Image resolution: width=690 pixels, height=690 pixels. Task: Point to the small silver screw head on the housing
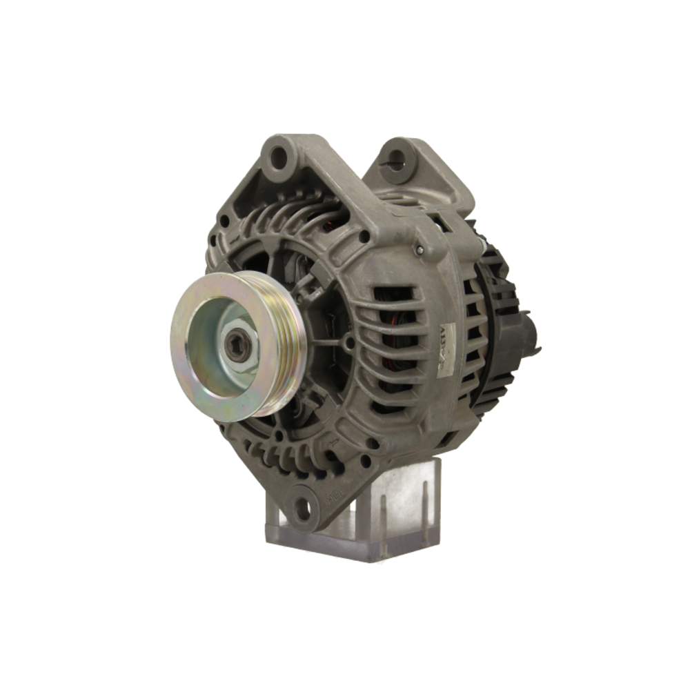(419, 249)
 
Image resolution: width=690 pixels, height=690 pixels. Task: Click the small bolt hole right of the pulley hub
(350, 342)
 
